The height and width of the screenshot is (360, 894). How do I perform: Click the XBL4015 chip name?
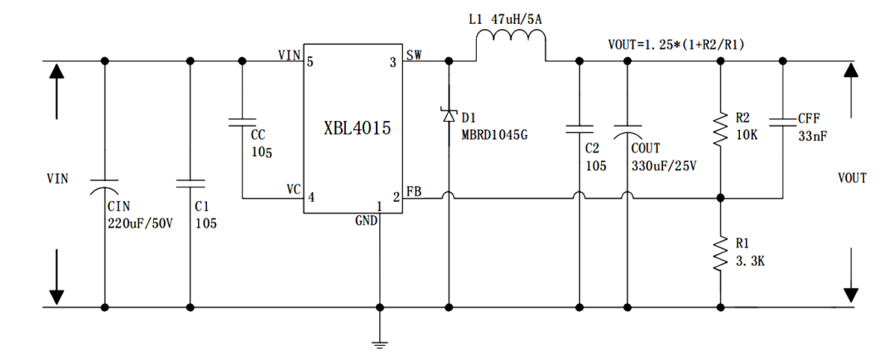pyautogui.click(x=357, y=129)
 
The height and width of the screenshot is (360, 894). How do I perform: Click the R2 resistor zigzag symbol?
pyautogui.click(x=721, y=129)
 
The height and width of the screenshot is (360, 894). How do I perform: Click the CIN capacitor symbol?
pyautogui.click(x=104, y=183)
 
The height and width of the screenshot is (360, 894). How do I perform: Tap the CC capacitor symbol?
pyautogui.click(x=243, y=124)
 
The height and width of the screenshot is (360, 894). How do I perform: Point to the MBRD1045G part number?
pyautogui.click(x=494, y=135)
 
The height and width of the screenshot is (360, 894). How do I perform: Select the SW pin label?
pyautogui.click(x=414, y=55)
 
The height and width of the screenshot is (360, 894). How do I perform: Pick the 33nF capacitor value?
pyautogui.click(x=813, y=135)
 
